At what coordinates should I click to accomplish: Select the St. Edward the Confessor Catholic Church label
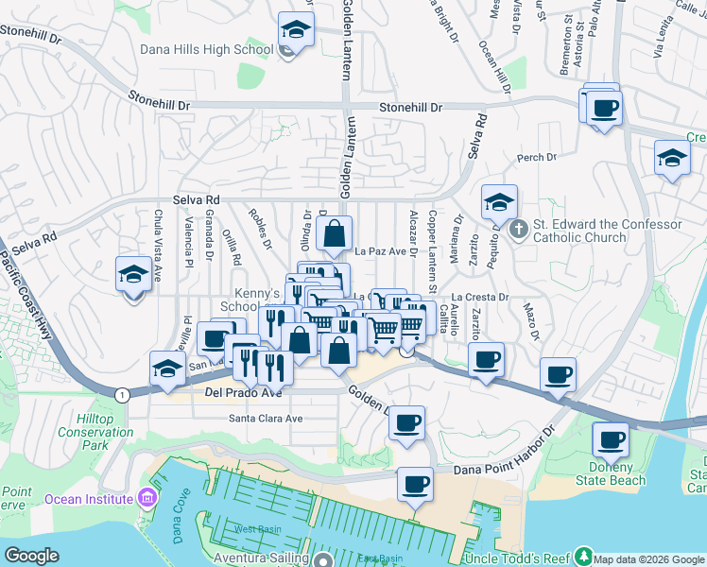[x=608, y=231]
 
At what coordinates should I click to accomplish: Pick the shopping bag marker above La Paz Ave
[x=335, y=233]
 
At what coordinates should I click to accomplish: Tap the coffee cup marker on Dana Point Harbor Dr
[x=414, y=485]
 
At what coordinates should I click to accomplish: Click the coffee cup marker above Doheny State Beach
[x=611, y=439]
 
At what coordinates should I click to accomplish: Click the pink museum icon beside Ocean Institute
[x=147, y=498]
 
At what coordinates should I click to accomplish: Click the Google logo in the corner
[x=31, y=556]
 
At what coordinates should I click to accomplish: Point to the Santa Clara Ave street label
[x=266, y=418]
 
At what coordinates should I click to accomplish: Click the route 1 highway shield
[x=122, y=393]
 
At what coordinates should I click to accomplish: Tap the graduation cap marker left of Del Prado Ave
[x=167, y=369]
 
